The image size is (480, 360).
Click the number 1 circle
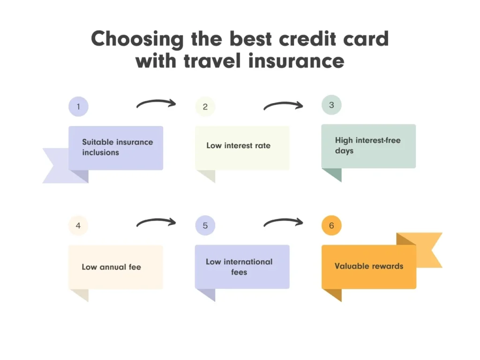click(x=78, y=106)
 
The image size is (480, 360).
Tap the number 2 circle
click(x=205, y=106)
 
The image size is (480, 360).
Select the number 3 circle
click(x=331, y=105)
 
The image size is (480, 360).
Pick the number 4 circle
click(x=78, y=225)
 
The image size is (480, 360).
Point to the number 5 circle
click(x=205, y=225)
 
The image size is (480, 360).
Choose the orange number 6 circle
click(x=331, y=225)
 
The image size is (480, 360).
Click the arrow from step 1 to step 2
click(x=156, y=104)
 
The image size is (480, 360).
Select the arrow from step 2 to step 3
click(x=283, y=105)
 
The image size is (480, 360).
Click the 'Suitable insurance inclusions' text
click(x=117, y=147)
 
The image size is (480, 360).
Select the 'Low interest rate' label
click(x=238, y=145)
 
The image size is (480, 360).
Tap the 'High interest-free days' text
click(x=367, y=145)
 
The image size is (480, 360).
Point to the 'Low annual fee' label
click(x=111, y=267)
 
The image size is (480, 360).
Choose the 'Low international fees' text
click(x=239, y=267)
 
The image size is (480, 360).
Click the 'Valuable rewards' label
click(x=369, y=266)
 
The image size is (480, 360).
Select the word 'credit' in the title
click(x=312, y=38)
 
